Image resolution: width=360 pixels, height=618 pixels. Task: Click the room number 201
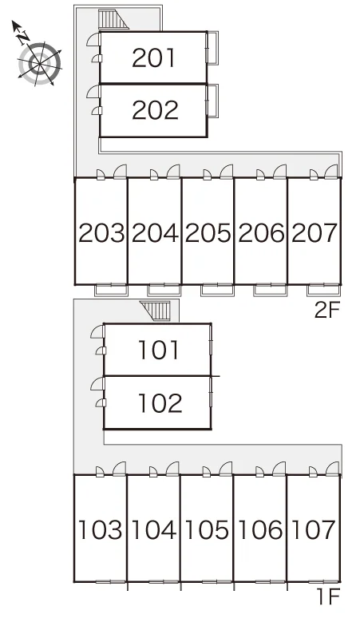[x=153, y=57]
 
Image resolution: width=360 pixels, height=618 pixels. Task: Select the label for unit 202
[x=155, y=110]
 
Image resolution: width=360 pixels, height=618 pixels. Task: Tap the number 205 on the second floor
[x=208, y=232]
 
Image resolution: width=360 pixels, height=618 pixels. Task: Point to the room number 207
[x=315, y=232]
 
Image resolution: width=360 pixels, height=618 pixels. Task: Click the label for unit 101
[x=159, y=350]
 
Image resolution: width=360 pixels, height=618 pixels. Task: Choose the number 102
[x=160, y=402]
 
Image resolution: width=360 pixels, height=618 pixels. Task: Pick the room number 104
[x=153, y=529]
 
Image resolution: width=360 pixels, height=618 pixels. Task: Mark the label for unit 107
[x=313, y=529]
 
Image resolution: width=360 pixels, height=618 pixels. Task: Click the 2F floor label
[x=326, y=311]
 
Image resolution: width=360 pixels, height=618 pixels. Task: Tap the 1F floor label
[x=329, y=597]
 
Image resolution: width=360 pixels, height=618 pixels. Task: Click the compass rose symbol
[x=39, y=63]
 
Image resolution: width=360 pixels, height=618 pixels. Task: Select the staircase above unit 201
[x=113, y=19]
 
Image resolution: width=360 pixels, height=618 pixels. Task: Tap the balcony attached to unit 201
[x=212, y=48]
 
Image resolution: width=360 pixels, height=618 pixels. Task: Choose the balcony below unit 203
[x=112, y=290]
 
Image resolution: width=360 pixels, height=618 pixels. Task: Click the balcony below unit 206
[x=270, y=290]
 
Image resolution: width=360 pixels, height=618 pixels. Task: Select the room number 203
[x=101, y=232]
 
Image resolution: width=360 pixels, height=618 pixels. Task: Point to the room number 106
[x=260, y=529]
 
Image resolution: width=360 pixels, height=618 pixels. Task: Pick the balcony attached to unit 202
[x=212, y=101]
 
